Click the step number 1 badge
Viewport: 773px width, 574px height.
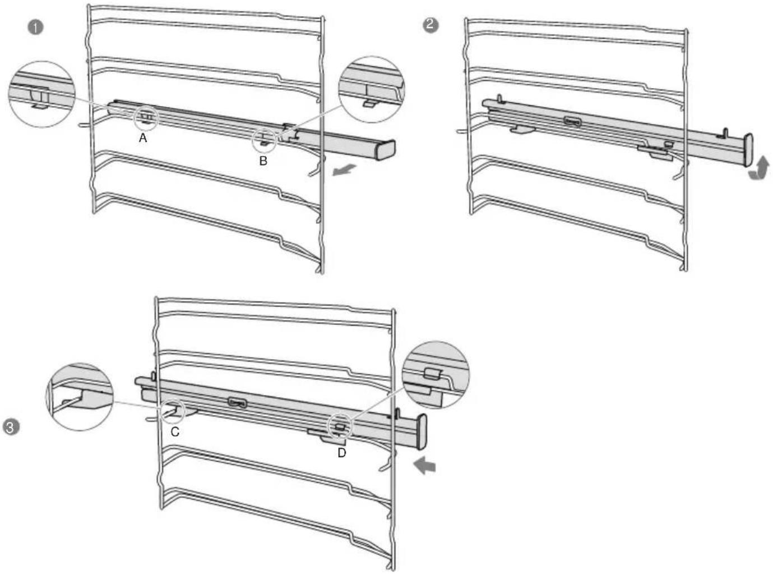coord(35,27)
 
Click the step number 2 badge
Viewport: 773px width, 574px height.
coord(431,25)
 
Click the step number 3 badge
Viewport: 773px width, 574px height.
coord(11,428)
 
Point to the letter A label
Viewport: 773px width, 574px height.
coord(143,139)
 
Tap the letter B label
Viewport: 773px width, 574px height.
coord(263,161)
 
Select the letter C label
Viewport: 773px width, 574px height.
coord(175,432)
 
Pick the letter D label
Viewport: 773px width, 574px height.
coord(342,453)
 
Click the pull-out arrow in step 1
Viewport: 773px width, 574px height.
coord(344,170)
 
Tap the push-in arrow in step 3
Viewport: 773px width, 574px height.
coord(424,466)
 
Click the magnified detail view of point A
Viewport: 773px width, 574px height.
coord(42,94)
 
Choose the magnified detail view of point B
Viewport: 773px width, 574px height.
coord(372,89)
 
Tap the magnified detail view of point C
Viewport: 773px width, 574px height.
coord(80,397)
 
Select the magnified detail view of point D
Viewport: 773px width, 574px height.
coord(436,375)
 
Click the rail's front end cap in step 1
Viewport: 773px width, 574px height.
coord(386,150)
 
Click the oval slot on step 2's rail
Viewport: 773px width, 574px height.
coord(573,122)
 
